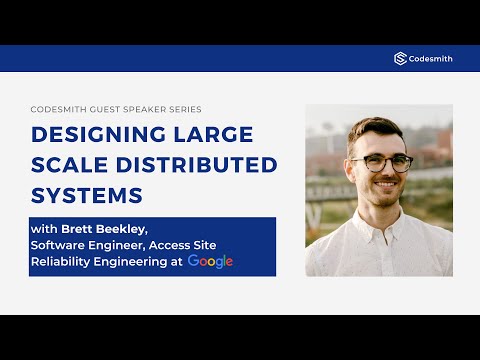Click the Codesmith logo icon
pos(400,59)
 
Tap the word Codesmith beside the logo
pos(430,59)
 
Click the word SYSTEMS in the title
pos(87,193)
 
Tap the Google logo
pos(210,261)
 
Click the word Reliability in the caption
pos(63,261)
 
